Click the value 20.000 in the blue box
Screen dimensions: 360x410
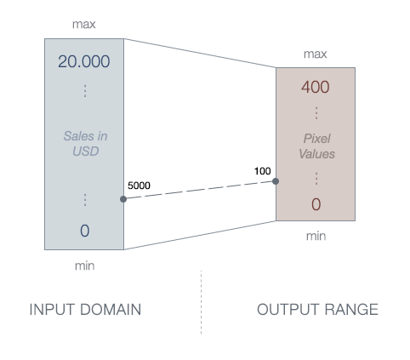pos(83,62)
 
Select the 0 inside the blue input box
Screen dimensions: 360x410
pos(84,231)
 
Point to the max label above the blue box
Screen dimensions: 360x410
pos(83,24)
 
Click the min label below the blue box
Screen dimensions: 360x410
pos(84,266)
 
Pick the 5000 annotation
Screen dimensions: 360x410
pos(140,186)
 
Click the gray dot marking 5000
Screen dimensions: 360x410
pos(123,199)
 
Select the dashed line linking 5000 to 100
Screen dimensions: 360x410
pos(199,190)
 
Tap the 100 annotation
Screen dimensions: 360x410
pos(262,171)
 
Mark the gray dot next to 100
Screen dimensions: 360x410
pos(276,181)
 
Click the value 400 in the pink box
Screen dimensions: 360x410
pos(316,88)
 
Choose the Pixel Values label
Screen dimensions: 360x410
pos(316,146)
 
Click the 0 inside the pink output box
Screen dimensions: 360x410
pos(316,204)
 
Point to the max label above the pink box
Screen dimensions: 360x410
pos(316,54)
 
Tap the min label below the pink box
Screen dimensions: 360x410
pos(316,236)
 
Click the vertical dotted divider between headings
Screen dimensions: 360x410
pos(202,302)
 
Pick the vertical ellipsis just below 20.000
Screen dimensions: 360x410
pos(84,90)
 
